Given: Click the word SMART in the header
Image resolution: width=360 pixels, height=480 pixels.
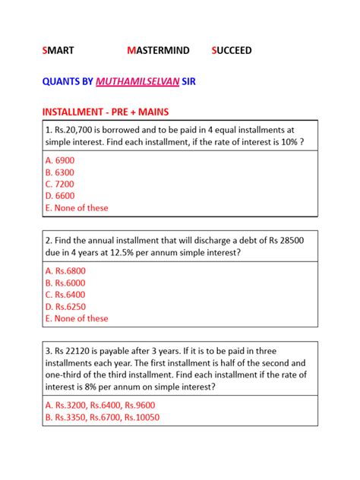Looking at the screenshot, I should (x=58, y=51).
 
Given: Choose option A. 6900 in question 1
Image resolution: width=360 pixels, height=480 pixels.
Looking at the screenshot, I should (x=60, y=160).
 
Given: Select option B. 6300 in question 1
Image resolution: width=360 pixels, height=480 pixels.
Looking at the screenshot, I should (x=60, y=172).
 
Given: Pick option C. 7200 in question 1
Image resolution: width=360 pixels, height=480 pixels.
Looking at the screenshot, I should (x=60, y=184).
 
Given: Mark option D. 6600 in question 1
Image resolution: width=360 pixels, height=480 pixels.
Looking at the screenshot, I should (x=60, y=196).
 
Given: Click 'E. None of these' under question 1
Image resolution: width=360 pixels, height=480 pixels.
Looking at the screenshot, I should (x=77, y=207).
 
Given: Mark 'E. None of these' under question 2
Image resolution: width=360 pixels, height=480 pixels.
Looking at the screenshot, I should (x=77, y=318).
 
